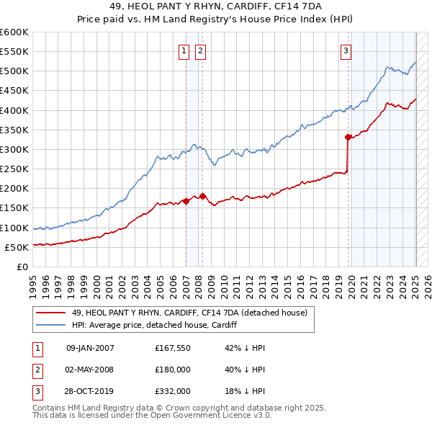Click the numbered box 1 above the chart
click(184, 50)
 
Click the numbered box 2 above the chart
click(199, 50)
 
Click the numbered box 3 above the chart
click(346, 50)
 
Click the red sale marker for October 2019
click(348, 137)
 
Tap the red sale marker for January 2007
click(186, 201)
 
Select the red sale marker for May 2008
click(202, 196)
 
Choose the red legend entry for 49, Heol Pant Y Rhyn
click(189, 313)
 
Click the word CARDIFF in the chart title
click(262, 6)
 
